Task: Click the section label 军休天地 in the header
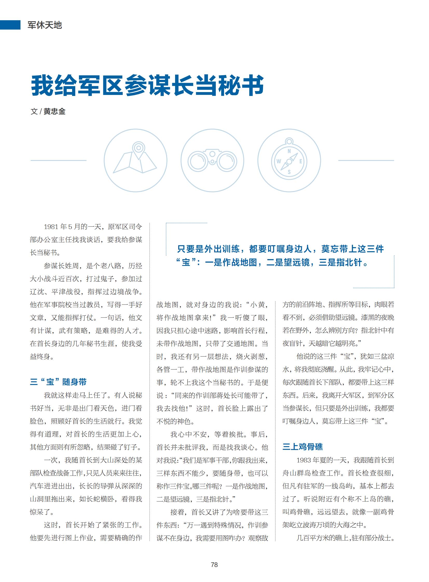click(45, 25)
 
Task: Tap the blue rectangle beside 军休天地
click(10, 25)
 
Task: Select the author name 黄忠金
click(54, 112)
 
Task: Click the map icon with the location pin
click(135, 160)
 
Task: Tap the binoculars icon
click(212, 161)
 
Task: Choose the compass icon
click(289, 161)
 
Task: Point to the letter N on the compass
click(289, 151)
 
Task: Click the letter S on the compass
click(289, 172)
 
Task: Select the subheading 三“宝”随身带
click(58, 382)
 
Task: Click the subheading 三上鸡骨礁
click(302, 446)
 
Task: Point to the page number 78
click(214, 565)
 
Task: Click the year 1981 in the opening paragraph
click(51, 227)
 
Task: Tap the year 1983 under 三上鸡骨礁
click(303, 460)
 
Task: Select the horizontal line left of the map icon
click(58, 161)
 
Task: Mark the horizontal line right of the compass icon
click(366, 161)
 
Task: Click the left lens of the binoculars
click(198, 162)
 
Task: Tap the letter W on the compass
click(279, 161)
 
